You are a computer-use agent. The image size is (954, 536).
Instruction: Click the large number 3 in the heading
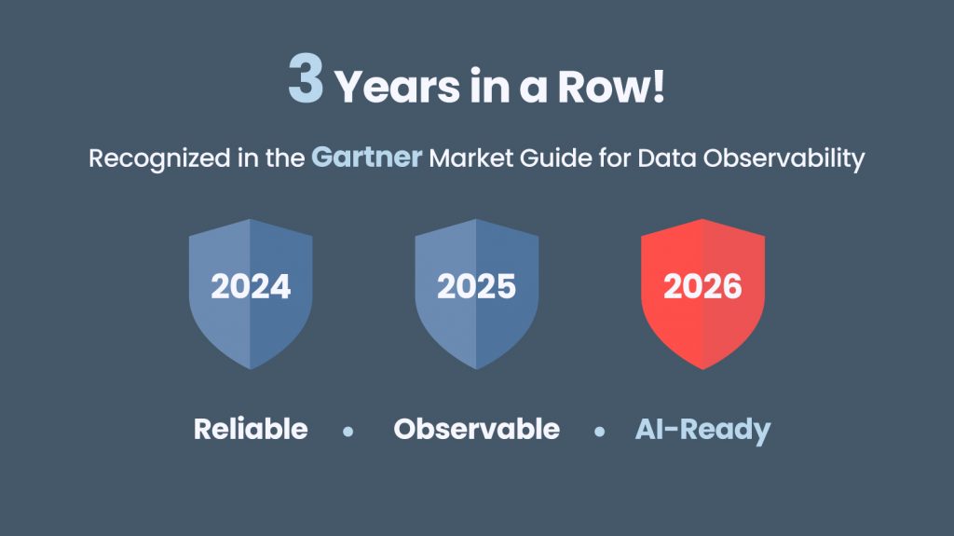coord(306,80)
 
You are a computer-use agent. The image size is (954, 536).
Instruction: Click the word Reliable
coord(251,429)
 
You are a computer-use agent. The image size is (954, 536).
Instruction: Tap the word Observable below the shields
coord(476,429)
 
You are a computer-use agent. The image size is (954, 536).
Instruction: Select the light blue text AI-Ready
coord(702,430)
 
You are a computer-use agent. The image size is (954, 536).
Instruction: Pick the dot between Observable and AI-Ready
coord(599,432)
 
